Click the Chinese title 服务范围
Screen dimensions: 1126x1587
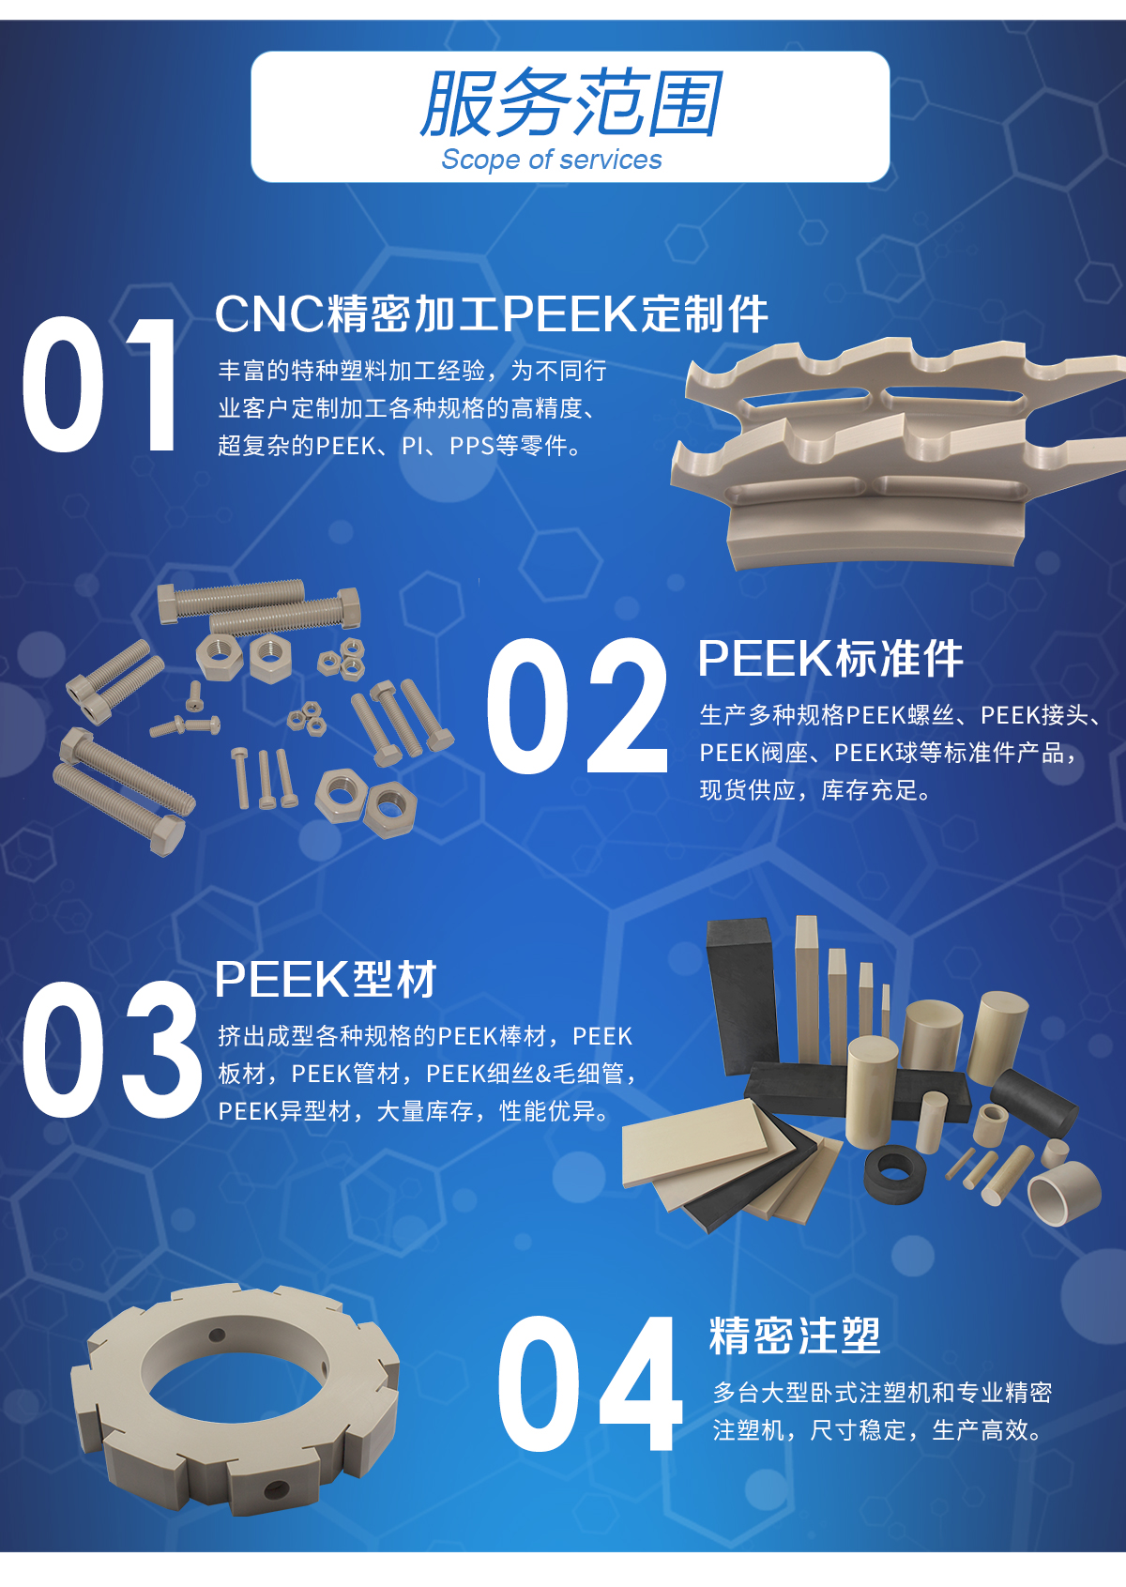571,103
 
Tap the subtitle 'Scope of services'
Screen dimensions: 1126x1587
551,160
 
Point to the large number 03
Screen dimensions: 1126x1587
112,1049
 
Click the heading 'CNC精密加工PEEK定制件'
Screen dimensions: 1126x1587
492,313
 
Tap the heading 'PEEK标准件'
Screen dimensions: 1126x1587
830,658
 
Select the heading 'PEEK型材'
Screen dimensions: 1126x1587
326,979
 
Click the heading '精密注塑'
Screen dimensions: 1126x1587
795,1335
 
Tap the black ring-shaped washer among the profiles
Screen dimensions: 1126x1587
894,1173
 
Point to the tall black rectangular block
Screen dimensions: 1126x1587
742,996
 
